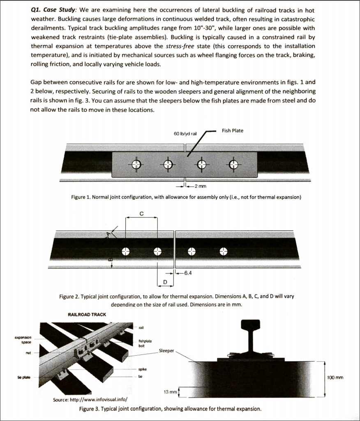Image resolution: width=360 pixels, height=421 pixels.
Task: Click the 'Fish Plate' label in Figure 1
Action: [232, 131]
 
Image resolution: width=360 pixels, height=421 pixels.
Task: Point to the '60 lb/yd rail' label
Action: [185, 134]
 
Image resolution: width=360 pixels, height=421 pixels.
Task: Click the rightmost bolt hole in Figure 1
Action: [234, 164]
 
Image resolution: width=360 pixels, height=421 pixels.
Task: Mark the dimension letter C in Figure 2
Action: [142, 213]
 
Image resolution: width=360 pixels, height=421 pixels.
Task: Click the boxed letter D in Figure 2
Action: [165, 282]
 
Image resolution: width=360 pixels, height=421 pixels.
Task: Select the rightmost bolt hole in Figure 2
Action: [223, 251]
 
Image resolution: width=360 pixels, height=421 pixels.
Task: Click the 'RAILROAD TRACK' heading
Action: [87, 315]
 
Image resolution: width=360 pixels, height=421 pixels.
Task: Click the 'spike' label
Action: [143, 369]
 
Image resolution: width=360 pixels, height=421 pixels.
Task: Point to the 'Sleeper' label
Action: [166, 351]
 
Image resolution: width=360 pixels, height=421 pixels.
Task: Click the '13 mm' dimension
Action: [170, 392]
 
